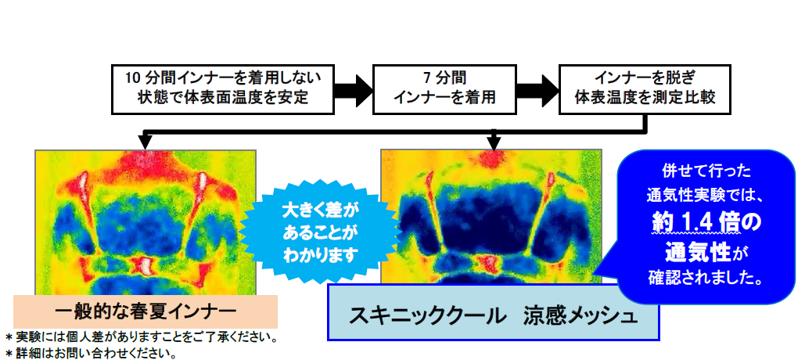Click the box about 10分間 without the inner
point(223,89)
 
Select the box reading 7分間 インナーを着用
point(444,89)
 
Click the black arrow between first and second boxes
point(354,89)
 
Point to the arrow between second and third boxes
point(537,89)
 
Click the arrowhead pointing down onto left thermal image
point(146,141)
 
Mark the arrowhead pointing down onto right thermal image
point(494,141)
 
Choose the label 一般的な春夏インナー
point(146,311)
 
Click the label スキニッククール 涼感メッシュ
point(493,312)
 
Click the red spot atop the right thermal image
point(492,159)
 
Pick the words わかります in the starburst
point(322,254)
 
